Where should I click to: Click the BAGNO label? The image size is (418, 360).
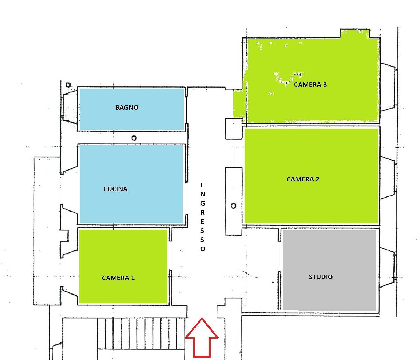pyautogui.click(x=126, y=108)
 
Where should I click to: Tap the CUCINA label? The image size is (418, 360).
pyautogui.click(x=115, y=189)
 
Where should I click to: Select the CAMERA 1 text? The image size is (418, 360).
pyautogui.click(x=118, y=278)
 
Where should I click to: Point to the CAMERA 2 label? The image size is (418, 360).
pyautogui.click(x=303, y=179)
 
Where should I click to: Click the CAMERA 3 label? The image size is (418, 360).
pyautogui.click(x=310, y=84)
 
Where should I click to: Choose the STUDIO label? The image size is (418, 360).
pyautogui.click(x=321, y=277)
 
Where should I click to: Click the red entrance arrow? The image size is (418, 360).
pyautogui.click(x=202, y=338)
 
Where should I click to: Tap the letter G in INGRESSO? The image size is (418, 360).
pyautogui.click(x=203, y=203)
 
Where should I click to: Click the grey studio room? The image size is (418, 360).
pyautogui.click(x=329, y=270)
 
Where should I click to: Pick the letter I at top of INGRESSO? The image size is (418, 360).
pyautogui.click(x=201, y=185)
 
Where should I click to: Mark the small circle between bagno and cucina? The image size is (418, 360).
pyautogui.click(x=134, y=138)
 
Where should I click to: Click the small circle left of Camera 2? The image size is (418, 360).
pyautogui.click(x=233, y=206)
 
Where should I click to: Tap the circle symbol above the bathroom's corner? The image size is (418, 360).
pyautogui.click(x=69, y=85)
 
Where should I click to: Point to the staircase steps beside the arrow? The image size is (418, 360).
pyautogui.click(x=141, y=333)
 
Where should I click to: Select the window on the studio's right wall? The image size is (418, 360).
pyautogui.click(x=388, y=267)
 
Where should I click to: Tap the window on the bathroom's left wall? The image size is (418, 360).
pyautogui.click(x=70, y=106)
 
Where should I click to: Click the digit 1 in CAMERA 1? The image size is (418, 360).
pyautogui.click(x=133, y=278)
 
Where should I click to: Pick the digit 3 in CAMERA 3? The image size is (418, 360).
pyautogui.click(x=325, y=84)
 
